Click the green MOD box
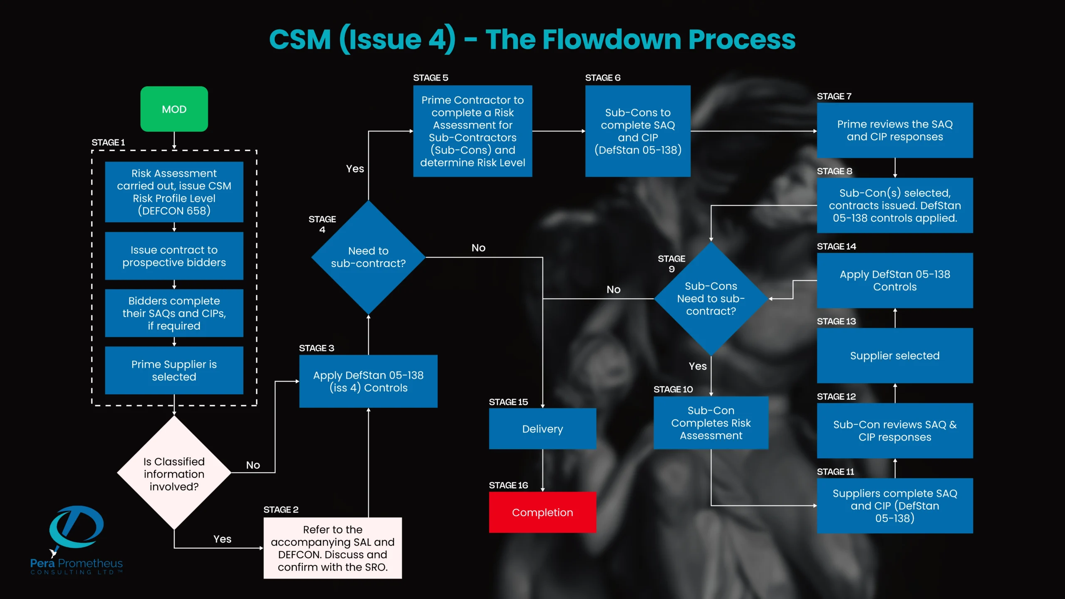coord(174,109)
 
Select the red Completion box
coord(542,512)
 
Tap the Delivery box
coord(542,428)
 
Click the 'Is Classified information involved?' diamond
coord(174,473)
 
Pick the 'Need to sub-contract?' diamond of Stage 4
coord(368,257)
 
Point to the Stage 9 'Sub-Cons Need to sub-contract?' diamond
coord(711,298)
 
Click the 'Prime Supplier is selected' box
coord(174,370)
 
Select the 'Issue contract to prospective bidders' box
coord(174,256)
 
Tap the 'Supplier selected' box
coord(894,355)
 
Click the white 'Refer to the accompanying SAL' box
coord(332,548)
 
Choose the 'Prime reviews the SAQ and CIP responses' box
coord(894,130)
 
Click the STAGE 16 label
coord(508,485)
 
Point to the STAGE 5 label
coord(430,78)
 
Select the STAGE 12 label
coord(836,396)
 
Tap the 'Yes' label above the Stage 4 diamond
coord(355,168)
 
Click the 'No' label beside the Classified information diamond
coord(253,465)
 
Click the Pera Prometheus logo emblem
coord(76,527)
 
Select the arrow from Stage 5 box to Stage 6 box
coord(558,131)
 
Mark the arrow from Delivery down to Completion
coord(542,470)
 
